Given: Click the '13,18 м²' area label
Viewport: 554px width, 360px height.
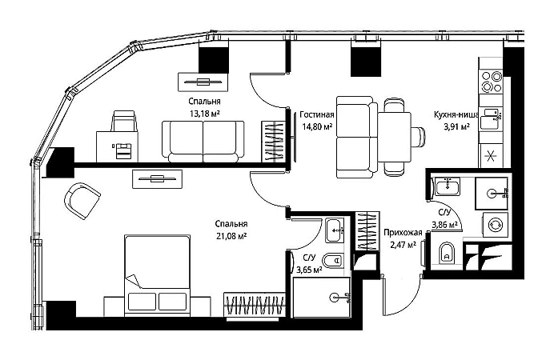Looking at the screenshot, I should [x=204, y=113].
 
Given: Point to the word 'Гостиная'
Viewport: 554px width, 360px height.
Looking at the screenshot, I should [x=317, y=115].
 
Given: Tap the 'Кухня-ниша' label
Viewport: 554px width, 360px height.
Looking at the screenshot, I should [x=456, y=115].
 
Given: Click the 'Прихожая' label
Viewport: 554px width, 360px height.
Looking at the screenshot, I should [x=401, y=232].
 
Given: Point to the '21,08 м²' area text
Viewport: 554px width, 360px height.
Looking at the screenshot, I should [x=230, y=235].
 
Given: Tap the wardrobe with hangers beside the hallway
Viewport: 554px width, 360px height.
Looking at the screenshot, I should [x=367, y=232].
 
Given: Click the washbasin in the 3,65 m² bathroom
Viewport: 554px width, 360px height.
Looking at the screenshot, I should [x=335, y=229].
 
